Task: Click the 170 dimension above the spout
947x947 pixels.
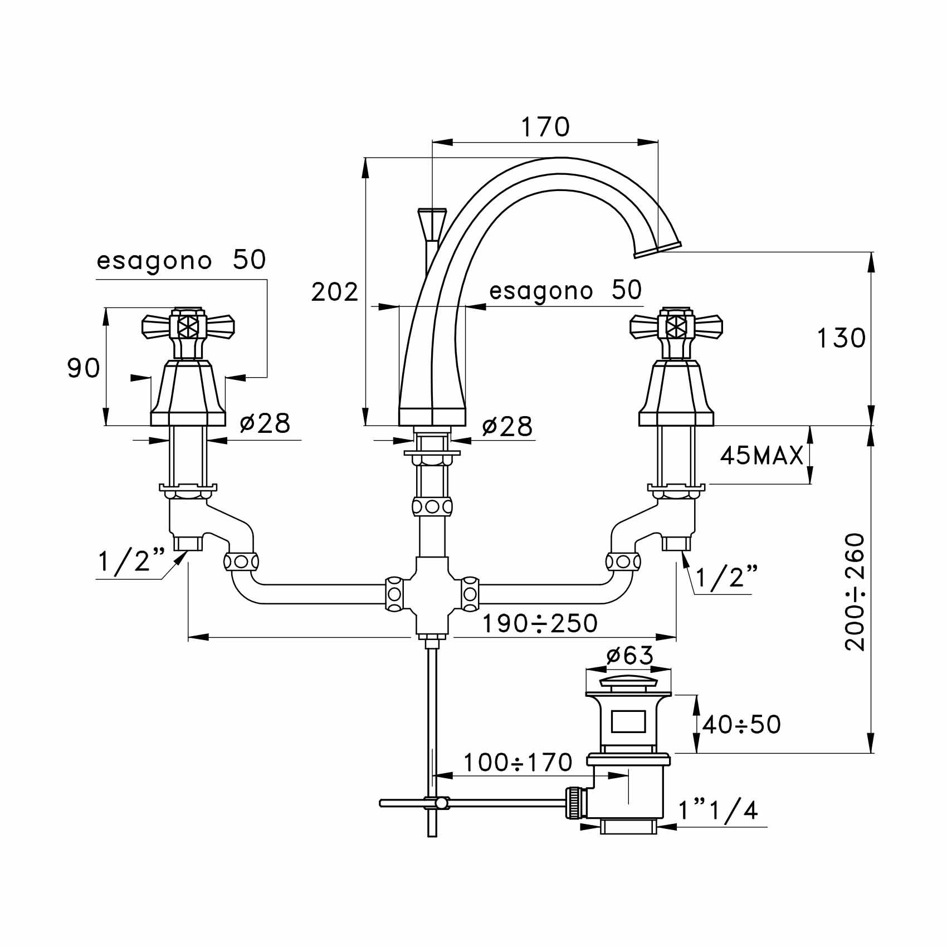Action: [545, 127]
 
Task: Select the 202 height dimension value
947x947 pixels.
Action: [334, 292]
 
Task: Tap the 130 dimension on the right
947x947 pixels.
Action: [841, 338]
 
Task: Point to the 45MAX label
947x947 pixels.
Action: [761, 456]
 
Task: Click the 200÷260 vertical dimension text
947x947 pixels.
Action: [855, 592]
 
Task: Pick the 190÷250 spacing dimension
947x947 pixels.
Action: [539, 623]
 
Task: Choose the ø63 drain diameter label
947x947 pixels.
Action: [629, 656]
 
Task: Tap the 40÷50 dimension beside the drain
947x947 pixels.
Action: [741, 725]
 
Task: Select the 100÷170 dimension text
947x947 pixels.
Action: [518, 763]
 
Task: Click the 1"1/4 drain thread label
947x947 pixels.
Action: [718, 811]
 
